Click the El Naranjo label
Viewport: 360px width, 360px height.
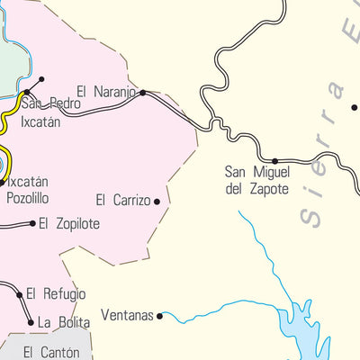106,92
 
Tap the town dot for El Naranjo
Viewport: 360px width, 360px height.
142,92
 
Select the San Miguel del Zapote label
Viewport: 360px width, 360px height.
256,181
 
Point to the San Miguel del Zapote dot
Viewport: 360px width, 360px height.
274,161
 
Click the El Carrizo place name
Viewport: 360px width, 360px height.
123,201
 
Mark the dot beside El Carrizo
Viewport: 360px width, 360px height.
157,202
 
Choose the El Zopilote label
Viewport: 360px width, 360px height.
68,223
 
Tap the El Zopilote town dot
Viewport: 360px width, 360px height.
33,223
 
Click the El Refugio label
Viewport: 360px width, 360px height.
56,293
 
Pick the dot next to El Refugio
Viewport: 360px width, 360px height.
20,293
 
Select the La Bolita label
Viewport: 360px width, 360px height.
63,321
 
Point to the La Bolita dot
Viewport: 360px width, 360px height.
31,321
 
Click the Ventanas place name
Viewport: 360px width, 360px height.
127,316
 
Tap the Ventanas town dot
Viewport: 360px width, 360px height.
160,316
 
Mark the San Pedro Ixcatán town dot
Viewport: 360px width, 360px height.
27,92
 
